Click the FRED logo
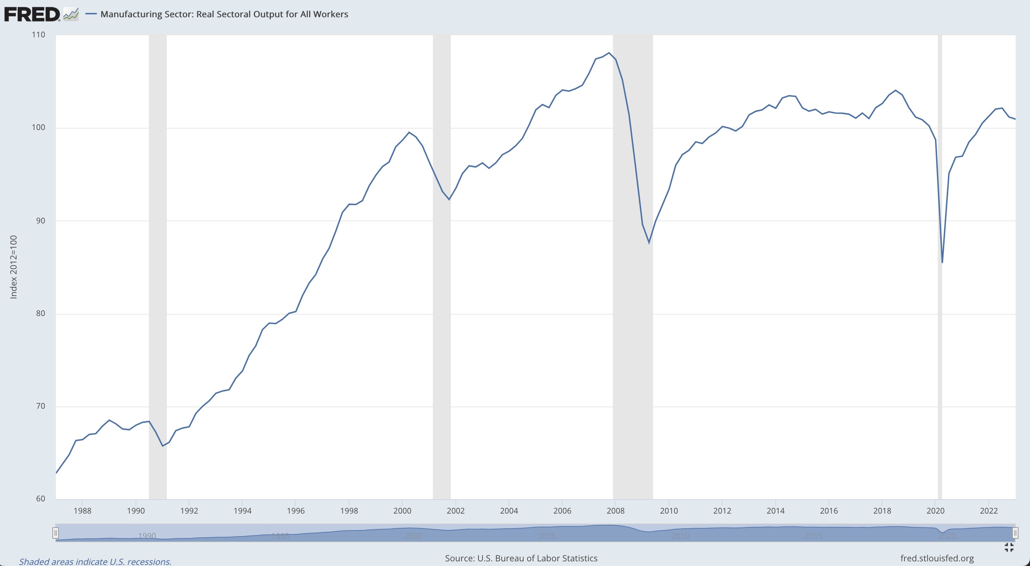coord(32,14)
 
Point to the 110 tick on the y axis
coord(38,35)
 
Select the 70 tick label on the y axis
coord(41,406)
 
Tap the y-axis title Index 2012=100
coord(14,267)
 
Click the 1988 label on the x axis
coord(82,511)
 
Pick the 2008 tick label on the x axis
coord(615,511)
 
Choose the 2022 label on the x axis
coord(989,511)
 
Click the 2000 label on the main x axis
coord(402,511)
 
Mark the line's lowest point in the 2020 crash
coord(942,263)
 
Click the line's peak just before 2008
coord(609,53)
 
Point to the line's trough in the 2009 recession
coord(649,242)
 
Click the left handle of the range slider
coord(56,533)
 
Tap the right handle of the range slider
coord(1015,533)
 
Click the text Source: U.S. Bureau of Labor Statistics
coord(521,558)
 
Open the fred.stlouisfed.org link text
coord(937,558)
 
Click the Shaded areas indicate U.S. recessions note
coord(95,562)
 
